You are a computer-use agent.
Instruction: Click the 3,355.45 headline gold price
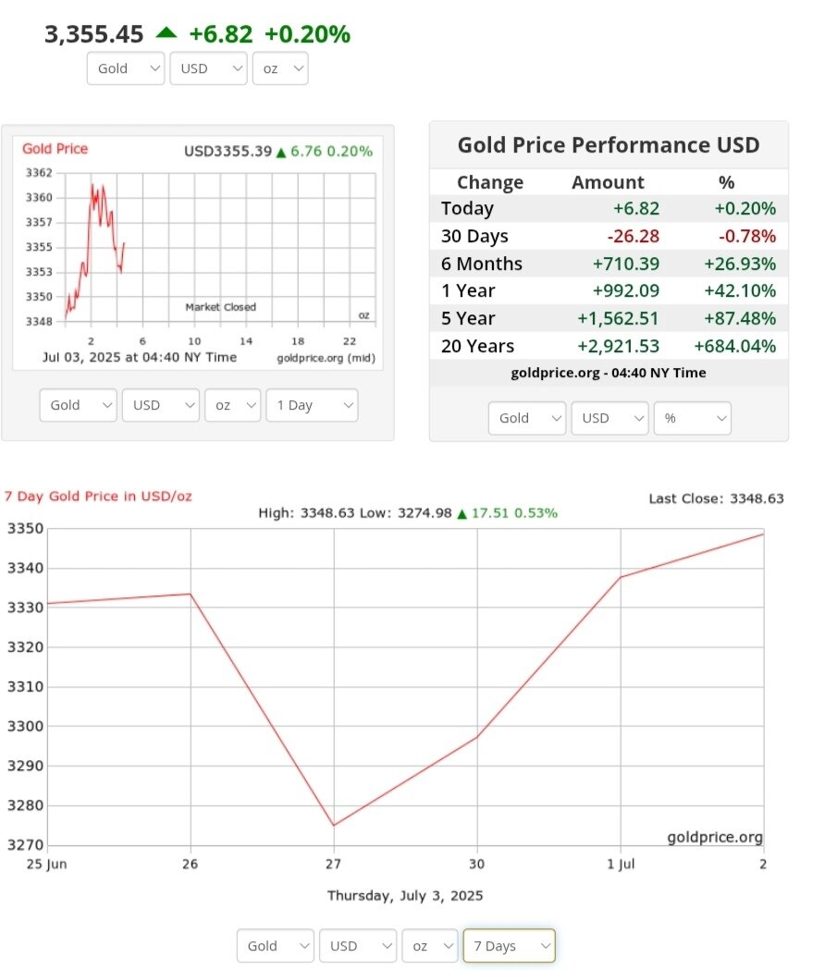coord(94,34)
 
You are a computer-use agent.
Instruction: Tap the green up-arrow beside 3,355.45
coord(166,32)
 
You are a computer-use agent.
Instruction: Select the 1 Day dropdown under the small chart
coord(311,405)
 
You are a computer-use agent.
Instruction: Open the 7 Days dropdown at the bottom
coord(509,946)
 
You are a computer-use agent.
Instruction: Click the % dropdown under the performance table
coord(692,418)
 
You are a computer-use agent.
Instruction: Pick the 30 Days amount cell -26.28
coord(635,236)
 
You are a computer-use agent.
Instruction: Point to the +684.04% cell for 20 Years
coord(734,346)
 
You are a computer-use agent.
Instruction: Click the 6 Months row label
coord(482,264)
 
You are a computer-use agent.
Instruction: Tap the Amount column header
coord(608,182)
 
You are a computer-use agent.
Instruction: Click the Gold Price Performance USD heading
coord(609,145)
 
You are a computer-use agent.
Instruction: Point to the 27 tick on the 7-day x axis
coord(334,864)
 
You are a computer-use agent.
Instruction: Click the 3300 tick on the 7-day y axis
coord(25,726)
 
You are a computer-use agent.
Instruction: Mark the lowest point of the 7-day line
coord(334,825)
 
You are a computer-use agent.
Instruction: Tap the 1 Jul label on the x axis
coord(621,864)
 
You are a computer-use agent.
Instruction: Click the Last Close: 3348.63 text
coord(716,498)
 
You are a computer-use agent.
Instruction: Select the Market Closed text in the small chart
coord(220,307)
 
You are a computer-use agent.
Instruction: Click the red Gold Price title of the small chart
coord(55,149)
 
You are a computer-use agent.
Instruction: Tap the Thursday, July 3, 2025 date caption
coord(405,895)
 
